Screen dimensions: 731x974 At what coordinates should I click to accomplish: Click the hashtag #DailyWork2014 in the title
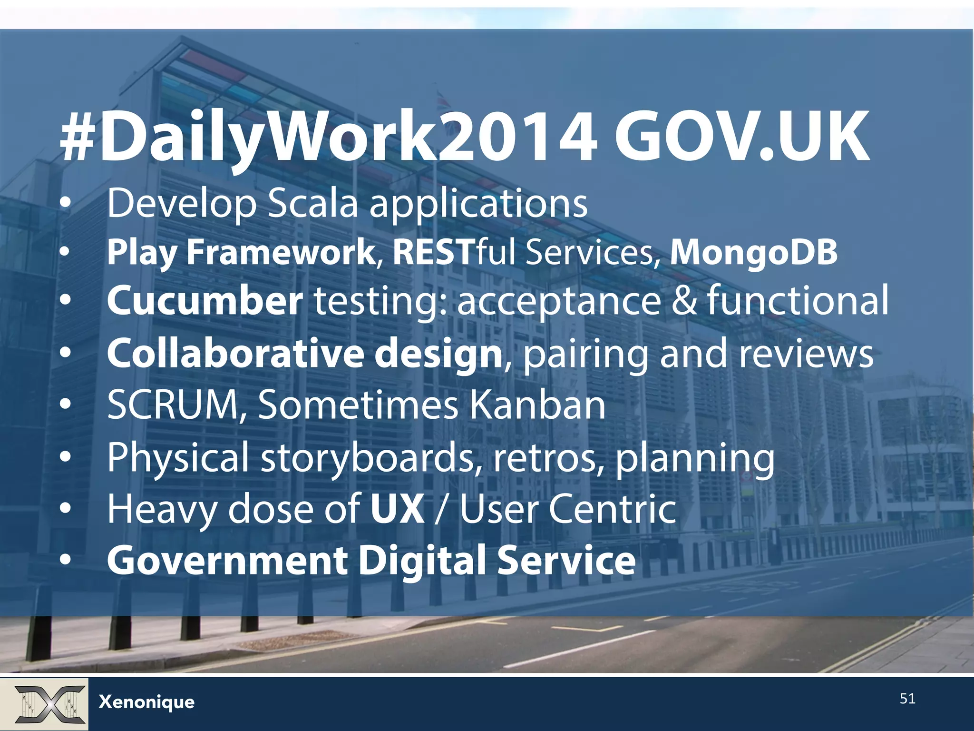point(328,138)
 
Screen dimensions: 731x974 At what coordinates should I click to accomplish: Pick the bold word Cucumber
point(205,301)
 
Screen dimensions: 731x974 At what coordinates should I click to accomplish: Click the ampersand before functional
point(683,301)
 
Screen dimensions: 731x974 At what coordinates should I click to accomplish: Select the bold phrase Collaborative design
point(304,353)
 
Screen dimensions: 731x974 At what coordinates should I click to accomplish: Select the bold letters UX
point(397,509)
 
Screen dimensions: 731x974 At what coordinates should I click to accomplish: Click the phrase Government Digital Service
point(371,561)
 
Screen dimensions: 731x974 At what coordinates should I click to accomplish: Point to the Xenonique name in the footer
point(146,702)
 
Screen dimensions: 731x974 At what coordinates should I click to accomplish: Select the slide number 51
point(907,699)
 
